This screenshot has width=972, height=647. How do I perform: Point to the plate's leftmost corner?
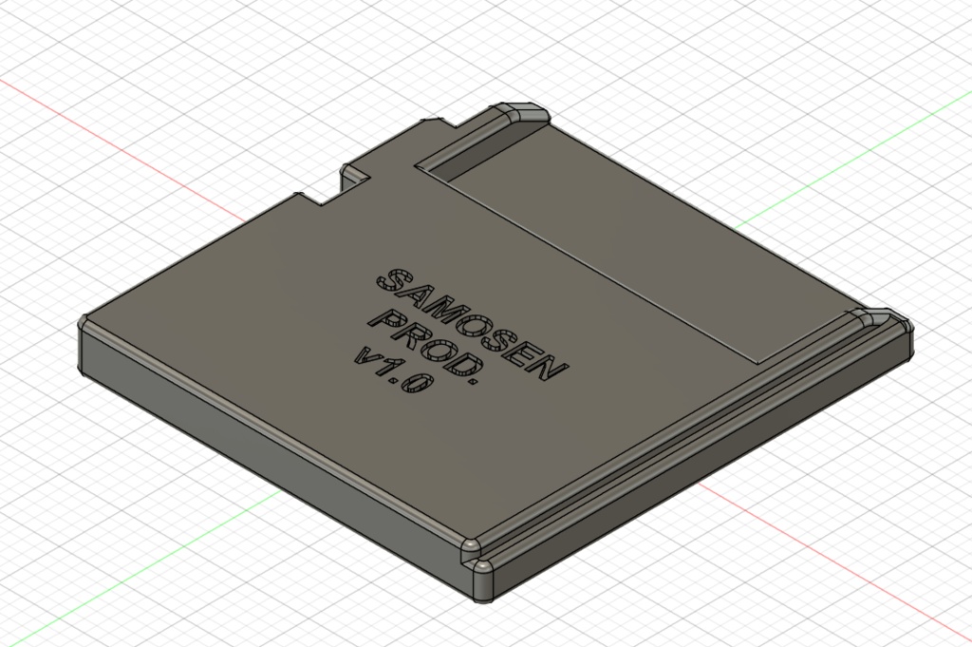[84, 328]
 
